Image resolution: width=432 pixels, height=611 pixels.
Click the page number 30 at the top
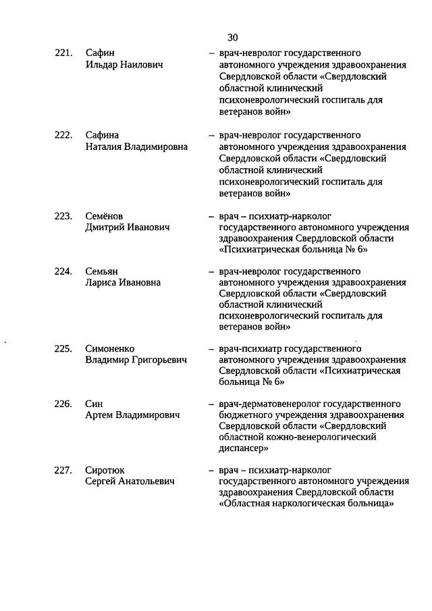(x=233, y=36)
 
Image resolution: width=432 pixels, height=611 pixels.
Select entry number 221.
(x=63, y=53)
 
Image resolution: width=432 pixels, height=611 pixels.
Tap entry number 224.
(x=63, y=271)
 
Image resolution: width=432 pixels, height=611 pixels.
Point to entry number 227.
(x=63, y=470)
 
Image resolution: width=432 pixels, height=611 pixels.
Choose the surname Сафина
(x=103, y=134)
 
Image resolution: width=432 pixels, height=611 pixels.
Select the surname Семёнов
(x=105, y=216)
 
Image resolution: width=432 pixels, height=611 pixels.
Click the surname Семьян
(x=103, y=271)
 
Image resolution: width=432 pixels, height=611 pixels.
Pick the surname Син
(x=94, y=404)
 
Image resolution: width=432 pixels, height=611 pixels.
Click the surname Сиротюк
(x=105, y=470)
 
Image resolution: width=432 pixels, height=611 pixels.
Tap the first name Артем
(x=99, y=415)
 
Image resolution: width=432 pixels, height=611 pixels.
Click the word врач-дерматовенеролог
(x=265, y=404)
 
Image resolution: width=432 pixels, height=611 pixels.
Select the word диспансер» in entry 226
(x=244, y=448)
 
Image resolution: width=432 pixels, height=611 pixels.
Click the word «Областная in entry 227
(x=246, y=503)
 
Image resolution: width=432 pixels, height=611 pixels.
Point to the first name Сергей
(x=101, y=481)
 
